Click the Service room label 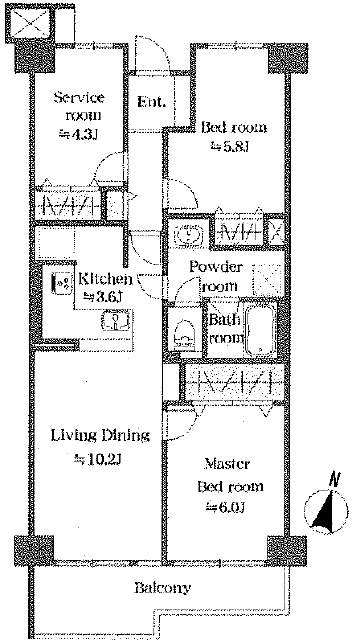80,107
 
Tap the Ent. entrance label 151,101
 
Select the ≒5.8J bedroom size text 229,146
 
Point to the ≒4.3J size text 79,134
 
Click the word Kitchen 106,280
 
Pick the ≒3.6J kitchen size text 102,297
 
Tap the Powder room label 216,276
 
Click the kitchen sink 116,320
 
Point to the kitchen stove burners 61,283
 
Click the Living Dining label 100,436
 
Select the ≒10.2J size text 98,460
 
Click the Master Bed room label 230,475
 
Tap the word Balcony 162,588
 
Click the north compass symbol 326,512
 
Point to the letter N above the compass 335,479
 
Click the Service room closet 68,204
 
